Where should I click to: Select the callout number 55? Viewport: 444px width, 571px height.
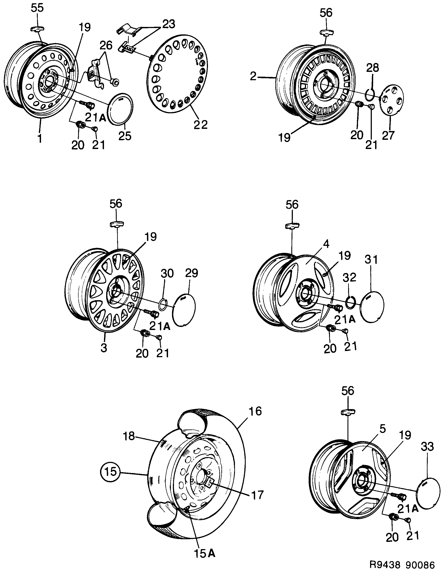(37, 8)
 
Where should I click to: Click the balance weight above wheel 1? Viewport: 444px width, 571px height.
(38, 29)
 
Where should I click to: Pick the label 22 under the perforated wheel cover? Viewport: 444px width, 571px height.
(201, 124)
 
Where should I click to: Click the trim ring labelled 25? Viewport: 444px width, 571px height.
(120, 108)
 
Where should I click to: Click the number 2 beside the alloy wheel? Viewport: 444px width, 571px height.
(253, 76)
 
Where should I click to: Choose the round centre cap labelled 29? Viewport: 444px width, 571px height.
(184, 310)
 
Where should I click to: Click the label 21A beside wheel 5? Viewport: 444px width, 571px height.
(408, 509)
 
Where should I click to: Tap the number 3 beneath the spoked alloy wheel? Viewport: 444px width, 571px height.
(104, 348)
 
